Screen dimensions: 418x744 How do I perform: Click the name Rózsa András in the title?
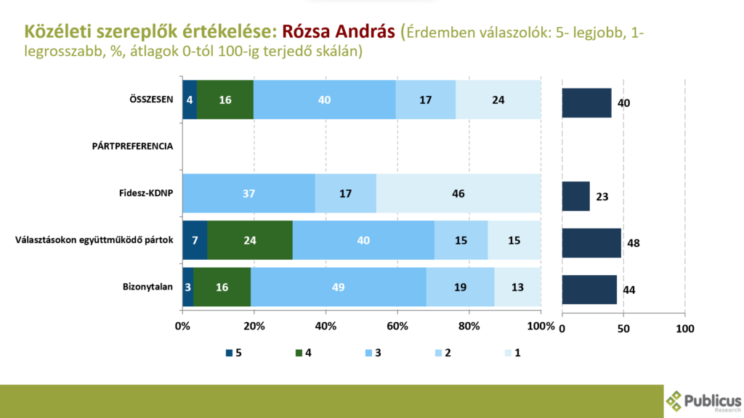(x=338, y=31)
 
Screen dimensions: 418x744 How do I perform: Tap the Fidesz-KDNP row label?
(x=145, y=194)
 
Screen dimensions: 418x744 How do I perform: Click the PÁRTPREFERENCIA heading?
(x=132, y=147)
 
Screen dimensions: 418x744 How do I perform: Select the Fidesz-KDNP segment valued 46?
(x=458, y=194)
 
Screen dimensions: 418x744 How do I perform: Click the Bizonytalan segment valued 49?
(x=339, y=287)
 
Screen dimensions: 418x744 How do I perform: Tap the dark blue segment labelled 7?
(x=195, y=240)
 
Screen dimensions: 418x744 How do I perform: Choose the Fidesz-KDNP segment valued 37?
(x=248, y=194)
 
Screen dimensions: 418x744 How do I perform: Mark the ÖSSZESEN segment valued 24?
(x=498, y=99)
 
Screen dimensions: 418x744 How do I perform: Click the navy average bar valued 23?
(x=575, y=196)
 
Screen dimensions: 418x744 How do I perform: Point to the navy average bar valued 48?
(x=591, y=242)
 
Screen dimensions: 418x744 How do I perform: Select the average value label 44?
(x=629, y=290)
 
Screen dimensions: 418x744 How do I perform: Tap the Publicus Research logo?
(x=704, y=401)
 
